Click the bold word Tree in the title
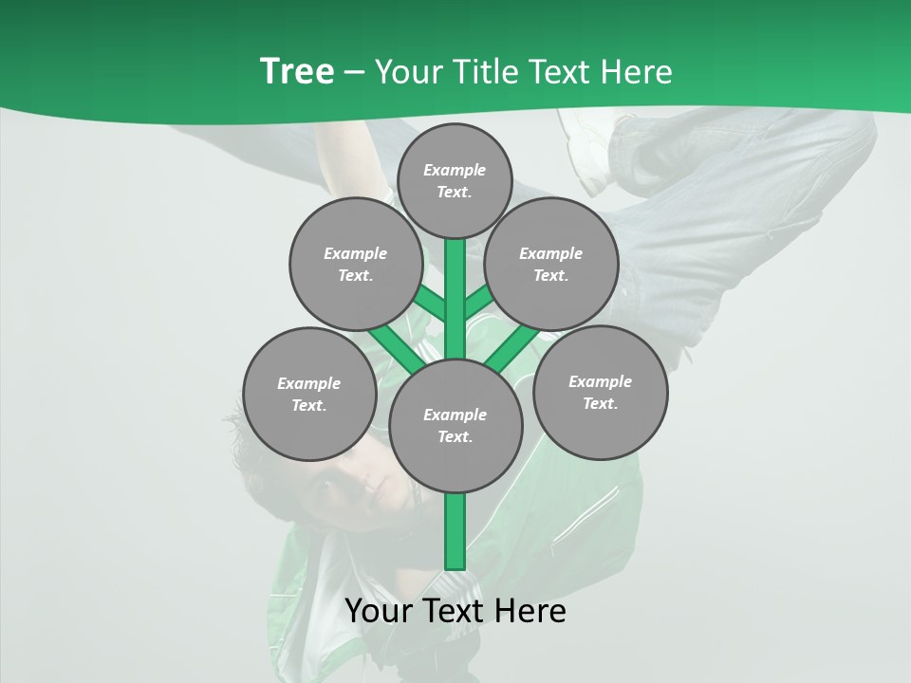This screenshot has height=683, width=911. point(297,72)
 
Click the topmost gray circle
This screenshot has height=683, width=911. point(455,180)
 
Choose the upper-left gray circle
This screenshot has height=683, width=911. point(355,264)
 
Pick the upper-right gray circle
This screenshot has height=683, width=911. point(551,264)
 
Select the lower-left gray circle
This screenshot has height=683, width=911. point(309,394)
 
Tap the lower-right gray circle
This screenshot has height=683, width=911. point(600,392)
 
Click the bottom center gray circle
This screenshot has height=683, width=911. point(455,425)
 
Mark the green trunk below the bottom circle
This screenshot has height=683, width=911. point(455,531)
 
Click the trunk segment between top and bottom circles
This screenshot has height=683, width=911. point(455,299)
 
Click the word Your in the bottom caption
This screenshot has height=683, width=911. point(379,611)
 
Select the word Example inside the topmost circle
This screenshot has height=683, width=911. point(455,170)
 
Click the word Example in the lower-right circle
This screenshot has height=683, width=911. point(600,381)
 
